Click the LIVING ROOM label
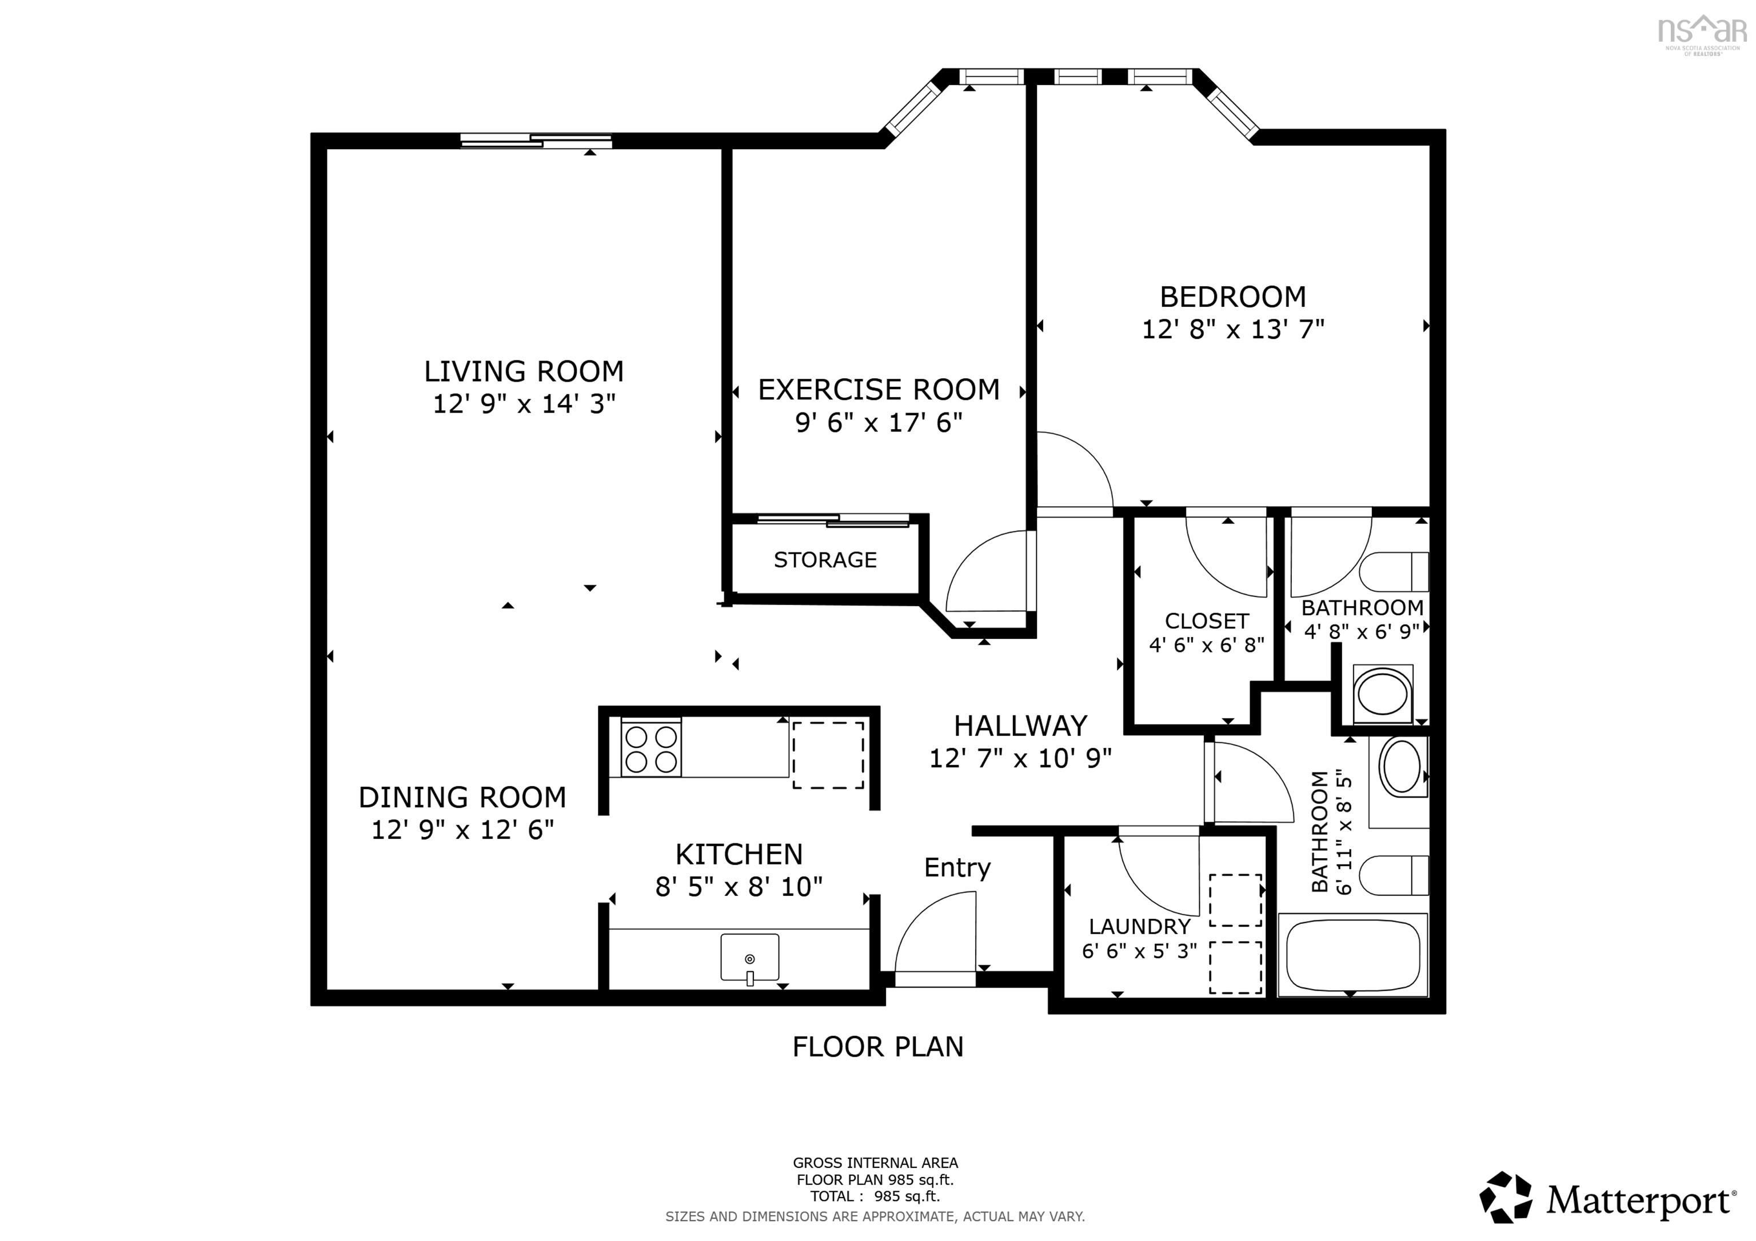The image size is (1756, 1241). coord(524,371)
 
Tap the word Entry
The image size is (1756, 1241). coord(957,868)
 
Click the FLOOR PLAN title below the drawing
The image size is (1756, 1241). coord(877,1047)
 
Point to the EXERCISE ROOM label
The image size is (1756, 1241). coord(878,390)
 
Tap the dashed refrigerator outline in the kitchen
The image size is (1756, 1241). coord(828,755)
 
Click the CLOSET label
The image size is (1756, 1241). coord(1206,621)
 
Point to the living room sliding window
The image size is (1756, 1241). coord(536,140)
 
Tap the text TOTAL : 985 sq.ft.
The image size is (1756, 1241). coord(875,1196)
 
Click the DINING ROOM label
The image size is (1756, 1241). coord(462,798)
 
